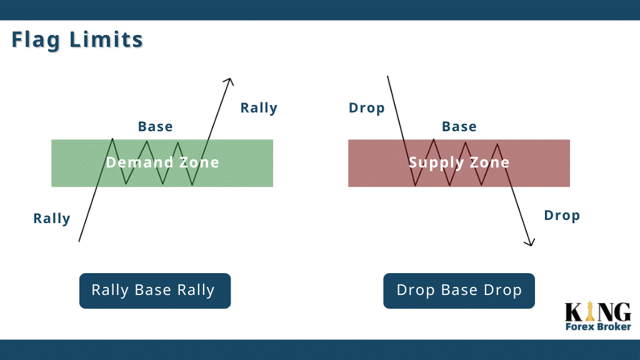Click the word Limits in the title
point(106,39)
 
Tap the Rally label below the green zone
point(52,218)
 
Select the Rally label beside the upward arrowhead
point(259,107)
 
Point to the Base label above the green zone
point(156,126)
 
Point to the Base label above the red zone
point(459,126)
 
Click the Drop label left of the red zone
point(366,108)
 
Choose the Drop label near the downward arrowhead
point(562,216)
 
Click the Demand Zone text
point(162,162)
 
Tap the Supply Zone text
point(459,163)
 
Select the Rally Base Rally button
point(155,291)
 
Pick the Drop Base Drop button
point(459,291)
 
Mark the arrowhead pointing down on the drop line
point(530,242)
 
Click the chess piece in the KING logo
point(589,311)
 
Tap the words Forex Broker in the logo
point(598,326)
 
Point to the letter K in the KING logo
point(574,312)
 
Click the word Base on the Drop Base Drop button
point(459,290)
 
